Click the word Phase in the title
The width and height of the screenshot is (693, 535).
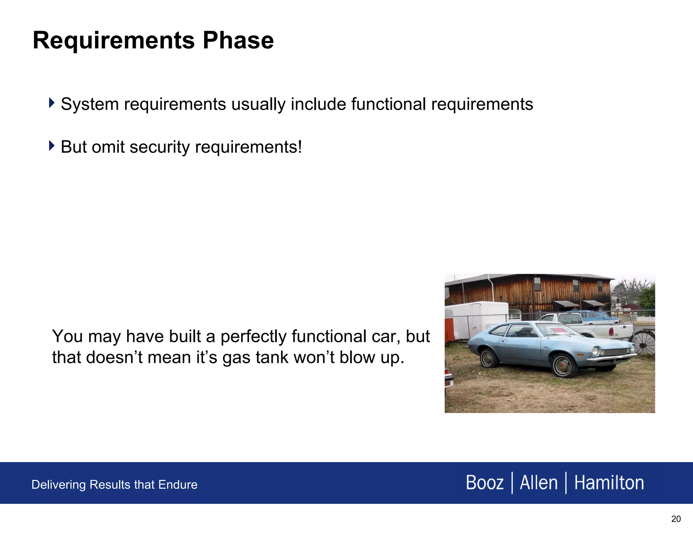click(238, 41)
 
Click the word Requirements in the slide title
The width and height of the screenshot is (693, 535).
click(114, 41)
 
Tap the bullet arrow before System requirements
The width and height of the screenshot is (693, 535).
click(51, 103)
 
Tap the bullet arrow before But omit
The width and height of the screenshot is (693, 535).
click(51, 146)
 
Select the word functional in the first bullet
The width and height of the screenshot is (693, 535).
click(388, 104)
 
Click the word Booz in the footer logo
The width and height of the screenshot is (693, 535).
click(485, 483)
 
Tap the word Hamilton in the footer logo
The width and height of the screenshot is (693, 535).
click(609, 483)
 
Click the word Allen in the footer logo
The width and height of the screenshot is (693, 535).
click(539, 483)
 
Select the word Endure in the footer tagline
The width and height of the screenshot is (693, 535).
click(178, 485)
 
